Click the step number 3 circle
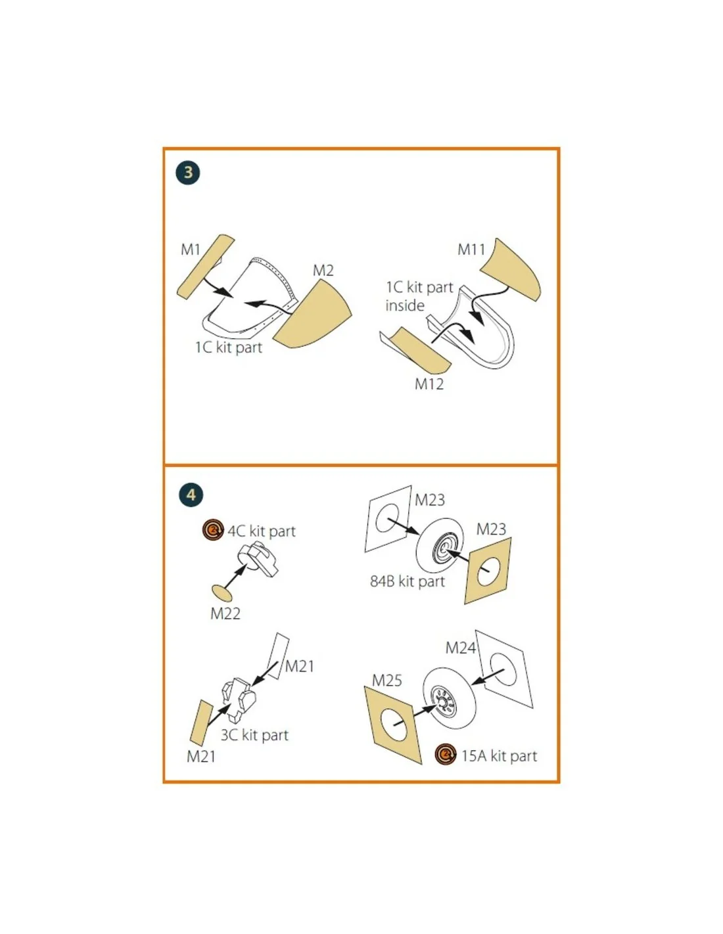[x=188, y=172]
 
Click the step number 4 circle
[x=191, y=495]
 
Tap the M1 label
[x=191, y=250]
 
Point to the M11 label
[x=471, y=250]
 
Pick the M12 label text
[x=429, y=384]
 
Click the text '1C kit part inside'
[x=419, y=296]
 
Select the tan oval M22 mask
[x=222, y=594]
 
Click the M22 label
[x=225, y=613]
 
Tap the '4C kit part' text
[x=262, y=531]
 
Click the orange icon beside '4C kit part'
[x=213, y=531]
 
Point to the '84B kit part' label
[x=408, y=581]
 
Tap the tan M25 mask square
[x=393, y=726]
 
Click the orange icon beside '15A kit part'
[x=445, y=755]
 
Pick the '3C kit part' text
[x=254, y=736]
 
